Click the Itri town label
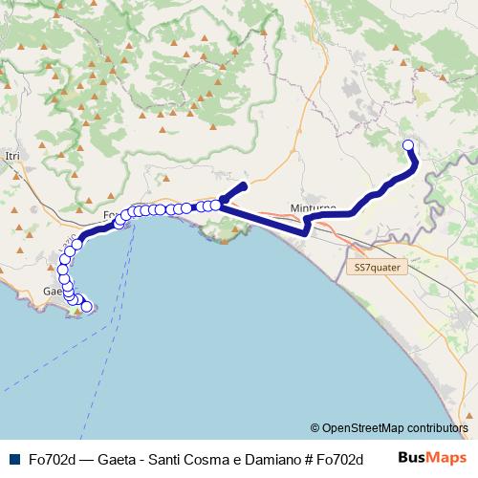[12, 155]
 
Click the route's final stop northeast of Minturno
[408, 145]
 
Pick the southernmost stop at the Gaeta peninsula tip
[87, 307]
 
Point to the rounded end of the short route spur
[244, 185]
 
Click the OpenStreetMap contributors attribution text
[396, 427]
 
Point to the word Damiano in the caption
[263, 458]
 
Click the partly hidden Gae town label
[52, 291]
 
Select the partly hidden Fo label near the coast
[109, 214]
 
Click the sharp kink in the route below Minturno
[305, 230]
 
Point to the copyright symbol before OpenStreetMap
[316, 427]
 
